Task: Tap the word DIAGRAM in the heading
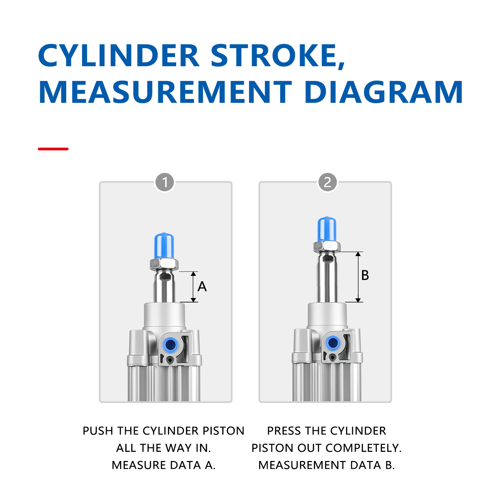coord(384,92)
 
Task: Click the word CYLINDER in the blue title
coord(119,56)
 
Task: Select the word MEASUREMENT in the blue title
coord(165,92)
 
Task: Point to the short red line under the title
coord(53,149)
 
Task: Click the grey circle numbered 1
coord(165,182)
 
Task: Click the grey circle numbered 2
coord(327,182)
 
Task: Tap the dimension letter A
coord(202,287)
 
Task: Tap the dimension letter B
coord(365,275)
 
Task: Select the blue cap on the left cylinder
coord(164,245)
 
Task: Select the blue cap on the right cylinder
coord(327,229)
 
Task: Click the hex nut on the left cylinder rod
coord(164,264)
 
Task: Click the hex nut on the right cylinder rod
coord(327,246)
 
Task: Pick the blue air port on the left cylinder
coord(170,345)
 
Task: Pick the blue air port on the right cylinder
coord(333,343)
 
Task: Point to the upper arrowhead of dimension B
coord(358,254)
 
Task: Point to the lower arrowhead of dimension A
coord(193,300)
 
